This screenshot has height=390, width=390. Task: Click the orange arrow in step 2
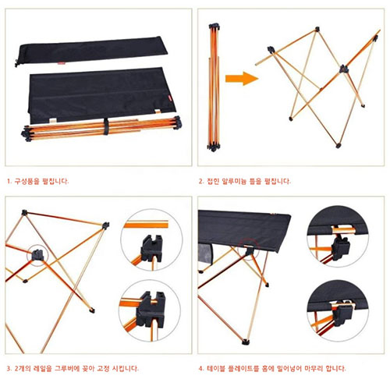241,79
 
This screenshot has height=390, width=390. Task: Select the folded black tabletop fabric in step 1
101,95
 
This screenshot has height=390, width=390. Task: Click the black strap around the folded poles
106,126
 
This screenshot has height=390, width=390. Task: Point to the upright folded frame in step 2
214,87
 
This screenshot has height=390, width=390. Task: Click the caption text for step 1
38,181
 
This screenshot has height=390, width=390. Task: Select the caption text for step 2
245,181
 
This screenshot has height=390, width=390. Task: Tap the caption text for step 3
73,368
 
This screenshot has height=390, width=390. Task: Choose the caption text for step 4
272,368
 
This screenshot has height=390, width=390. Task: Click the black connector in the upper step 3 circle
151,248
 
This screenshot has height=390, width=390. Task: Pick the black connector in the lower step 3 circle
151,310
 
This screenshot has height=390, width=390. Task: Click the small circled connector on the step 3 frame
37,255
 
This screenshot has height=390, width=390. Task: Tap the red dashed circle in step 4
249,247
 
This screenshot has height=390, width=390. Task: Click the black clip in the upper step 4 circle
341,247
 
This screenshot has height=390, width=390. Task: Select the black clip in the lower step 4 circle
343,314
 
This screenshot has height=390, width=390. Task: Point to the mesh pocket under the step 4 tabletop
205,254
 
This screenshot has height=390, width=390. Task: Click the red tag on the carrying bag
62,63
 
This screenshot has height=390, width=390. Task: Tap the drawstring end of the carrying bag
17,63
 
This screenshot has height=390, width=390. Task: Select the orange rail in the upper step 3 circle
146,225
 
